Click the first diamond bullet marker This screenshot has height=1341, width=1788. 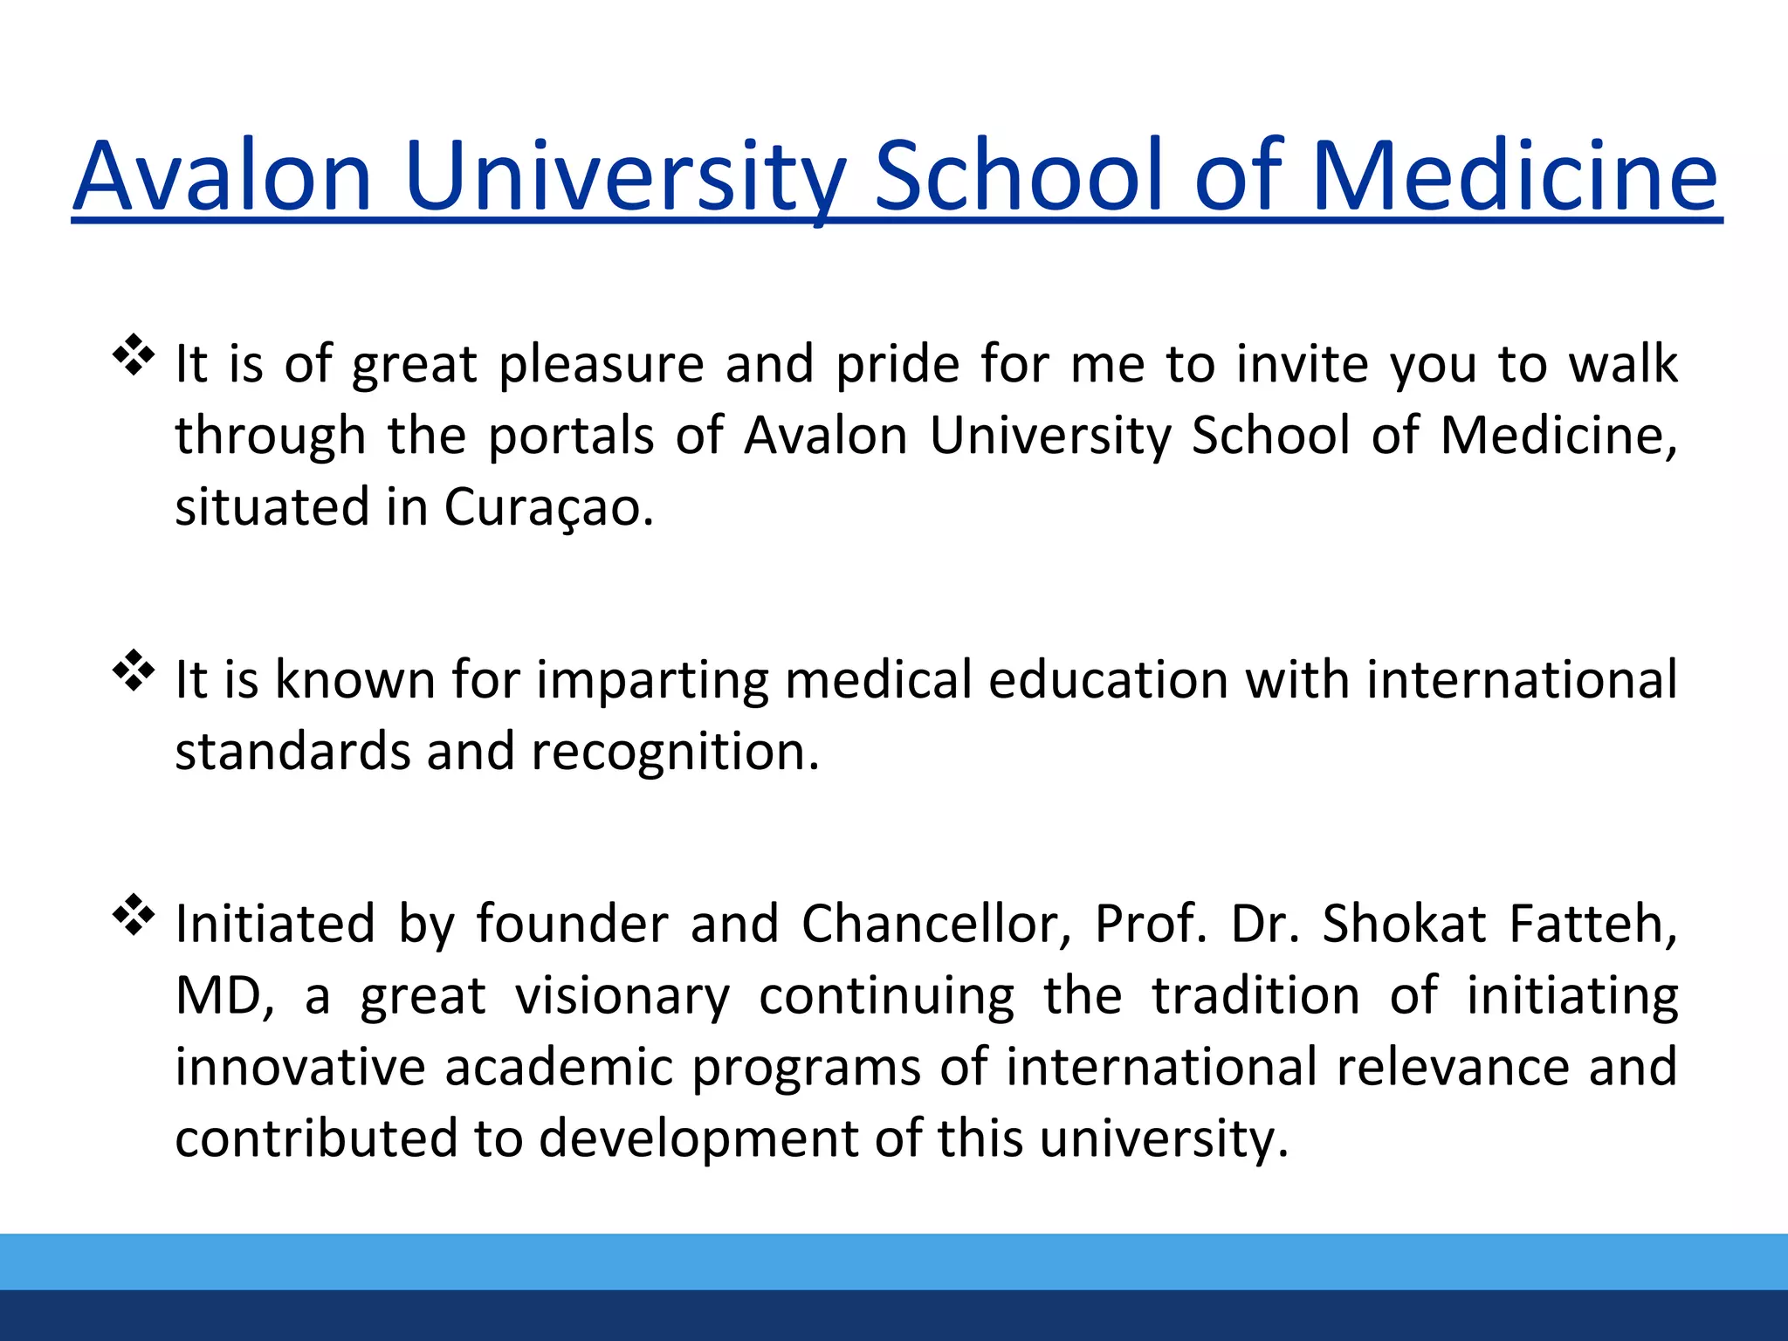click(x=134, y=355)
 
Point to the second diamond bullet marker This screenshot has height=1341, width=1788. click(x=134, y=671)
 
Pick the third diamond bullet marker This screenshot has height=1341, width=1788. click(x=134, y=915)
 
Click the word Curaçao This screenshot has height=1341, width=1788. click(x=549, y=508)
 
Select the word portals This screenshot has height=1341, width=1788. click(x=571, y=436)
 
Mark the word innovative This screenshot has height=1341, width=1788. click(x=300, y=1068)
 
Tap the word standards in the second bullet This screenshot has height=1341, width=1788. click(x=292, y=753)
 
